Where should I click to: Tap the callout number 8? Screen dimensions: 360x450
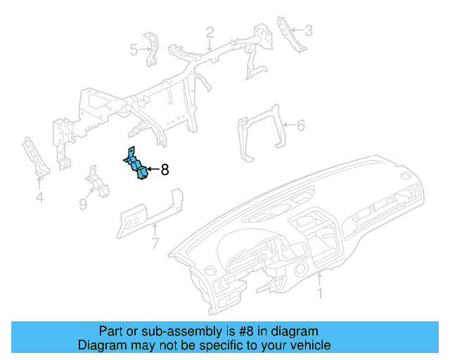click(165, 169)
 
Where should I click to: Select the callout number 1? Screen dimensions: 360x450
click(320, 293)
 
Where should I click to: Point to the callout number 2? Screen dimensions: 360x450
click(210, 32)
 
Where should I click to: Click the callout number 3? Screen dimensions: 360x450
click(308, 30)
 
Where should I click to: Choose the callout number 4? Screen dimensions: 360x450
click(39, 198)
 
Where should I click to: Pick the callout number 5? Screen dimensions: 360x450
click(134, 49)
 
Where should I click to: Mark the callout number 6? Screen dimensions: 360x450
click(300, 126)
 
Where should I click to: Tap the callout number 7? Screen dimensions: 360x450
click(155, 244)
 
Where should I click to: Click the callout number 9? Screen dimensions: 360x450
click(82, 205)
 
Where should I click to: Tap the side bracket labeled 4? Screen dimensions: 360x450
click(34, 158)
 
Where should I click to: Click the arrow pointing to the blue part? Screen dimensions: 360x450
click(153, 169)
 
